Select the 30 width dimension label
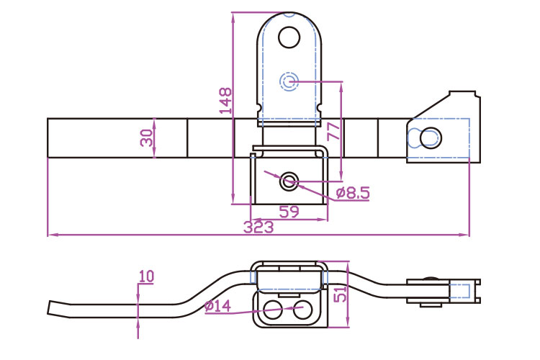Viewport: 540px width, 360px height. pos(147,138)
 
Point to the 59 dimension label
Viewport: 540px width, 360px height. pos(289,212)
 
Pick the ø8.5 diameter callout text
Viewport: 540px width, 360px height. pos(353,192)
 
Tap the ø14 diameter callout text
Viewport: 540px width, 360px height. pos(217,306)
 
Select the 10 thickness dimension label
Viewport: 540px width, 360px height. pos(146,276)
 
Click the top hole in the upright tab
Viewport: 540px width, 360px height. pos(289,36)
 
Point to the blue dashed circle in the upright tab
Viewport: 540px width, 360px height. pos(289,81)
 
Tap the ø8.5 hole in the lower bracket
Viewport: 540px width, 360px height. pos(289,181)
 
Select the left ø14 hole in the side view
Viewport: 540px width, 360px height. pos(274,310)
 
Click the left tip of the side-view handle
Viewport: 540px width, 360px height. pos(50,308)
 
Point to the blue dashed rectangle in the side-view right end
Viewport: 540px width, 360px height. pos(461,291)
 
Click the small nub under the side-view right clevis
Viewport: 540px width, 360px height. pos(431,304)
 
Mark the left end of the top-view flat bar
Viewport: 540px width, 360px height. pos(48,138)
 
